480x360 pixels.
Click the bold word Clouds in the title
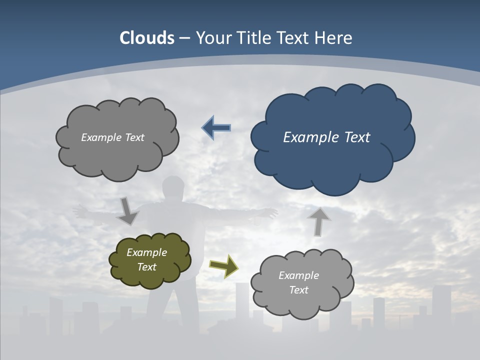(147, 38)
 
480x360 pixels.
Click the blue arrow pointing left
(216, 128)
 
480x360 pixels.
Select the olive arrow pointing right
(224, 266)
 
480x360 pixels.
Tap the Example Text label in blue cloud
(326, 137)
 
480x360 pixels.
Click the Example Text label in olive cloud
(146, 260)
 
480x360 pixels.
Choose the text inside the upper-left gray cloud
(112, 137)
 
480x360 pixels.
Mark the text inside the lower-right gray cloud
(298, 282)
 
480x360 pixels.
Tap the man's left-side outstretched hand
(79, 211)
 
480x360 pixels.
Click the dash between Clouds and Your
(184, 38)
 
